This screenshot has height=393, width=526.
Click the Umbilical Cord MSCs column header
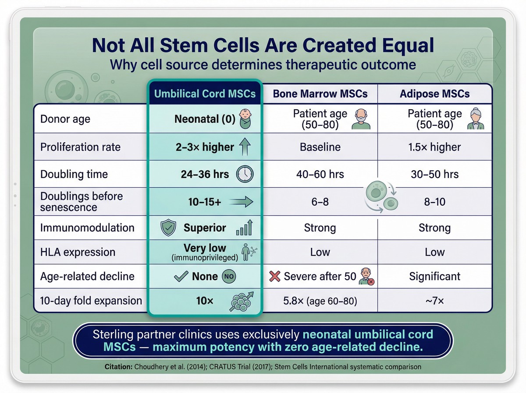(204, 93)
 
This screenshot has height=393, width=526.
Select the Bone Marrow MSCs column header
(320, 93)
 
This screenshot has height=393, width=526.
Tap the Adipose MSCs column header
(435, 93)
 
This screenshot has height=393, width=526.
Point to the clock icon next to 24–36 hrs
(245, 174)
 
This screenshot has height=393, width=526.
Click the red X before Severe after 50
(275, 276)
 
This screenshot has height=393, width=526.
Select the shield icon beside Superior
(169, 228)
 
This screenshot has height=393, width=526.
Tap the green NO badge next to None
(229, 276)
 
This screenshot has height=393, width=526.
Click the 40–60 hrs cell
(320, 174)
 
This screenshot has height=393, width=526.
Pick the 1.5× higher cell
(435, 147)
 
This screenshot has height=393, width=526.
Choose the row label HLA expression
(78, 252)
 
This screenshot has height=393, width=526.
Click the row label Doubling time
(74, 174)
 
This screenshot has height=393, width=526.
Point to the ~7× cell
(435, 300)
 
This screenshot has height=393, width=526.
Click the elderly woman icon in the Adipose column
(476, 120)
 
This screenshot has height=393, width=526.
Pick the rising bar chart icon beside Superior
(245, 228)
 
